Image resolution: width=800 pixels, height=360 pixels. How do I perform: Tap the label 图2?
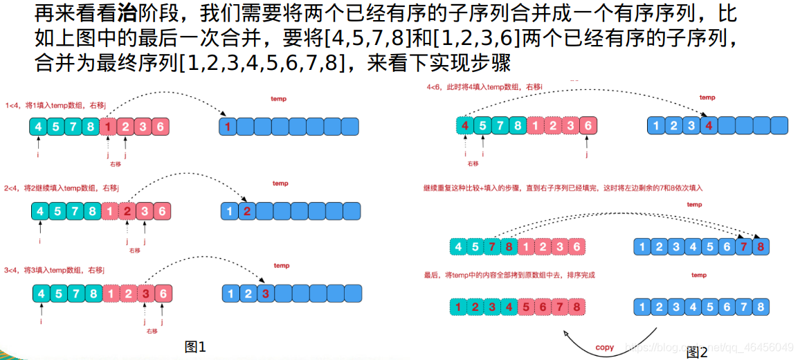point(697,352)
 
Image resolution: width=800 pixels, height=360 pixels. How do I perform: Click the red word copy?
point(604,348)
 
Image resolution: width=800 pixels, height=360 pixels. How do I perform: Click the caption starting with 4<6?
point(484,87)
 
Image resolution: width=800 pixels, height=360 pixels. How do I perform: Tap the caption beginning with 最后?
point(509,275)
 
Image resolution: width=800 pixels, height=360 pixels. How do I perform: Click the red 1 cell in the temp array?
point(228,127)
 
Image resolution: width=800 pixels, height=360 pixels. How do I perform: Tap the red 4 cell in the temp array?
point(706,125)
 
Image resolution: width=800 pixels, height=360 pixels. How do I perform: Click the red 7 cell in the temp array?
point(743,246)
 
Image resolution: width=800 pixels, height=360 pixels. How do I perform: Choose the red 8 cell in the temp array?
point(761,246)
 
